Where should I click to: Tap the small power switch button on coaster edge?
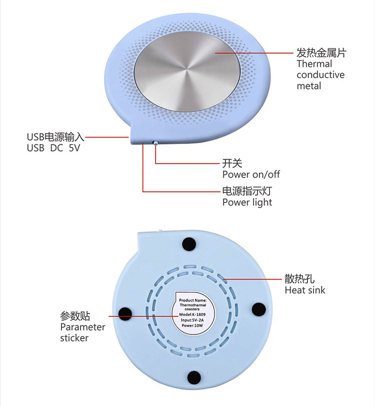click(x=156, y=143)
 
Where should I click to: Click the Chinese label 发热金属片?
click(x=321, y=52)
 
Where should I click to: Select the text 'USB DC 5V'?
click(x=53, y=148)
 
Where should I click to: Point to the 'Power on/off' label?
click(x=251, y=174)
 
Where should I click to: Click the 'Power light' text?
click(x=247, y=202)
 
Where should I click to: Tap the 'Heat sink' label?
click(x=305, y=290)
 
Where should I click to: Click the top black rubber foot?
click(x=189, y=244)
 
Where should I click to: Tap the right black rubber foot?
click(x=258, y=308)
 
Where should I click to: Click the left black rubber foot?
click(x=124, y=313)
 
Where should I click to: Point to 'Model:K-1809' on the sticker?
click(x=192, y=314)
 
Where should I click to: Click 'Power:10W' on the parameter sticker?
click(x=192, y=324)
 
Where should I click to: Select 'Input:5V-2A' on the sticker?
click(x=192, y=319)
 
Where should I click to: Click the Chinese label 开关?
click(x=232, y=163)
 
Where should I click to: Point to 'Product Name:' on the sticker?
click(x=192, y=298)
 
